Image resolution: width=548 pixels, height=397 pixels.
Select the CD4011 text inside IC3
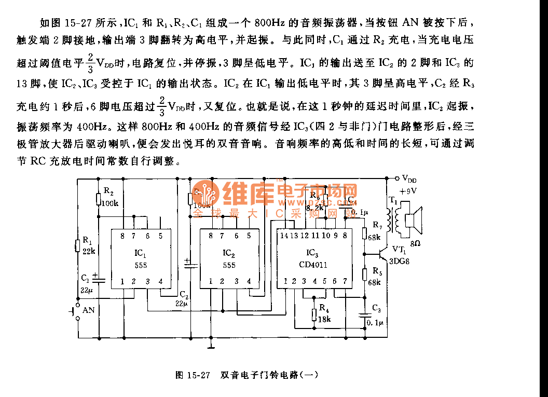[x=313, y=265]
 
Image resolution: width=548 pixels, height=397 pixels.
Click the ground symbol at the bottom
[x=210, y=344]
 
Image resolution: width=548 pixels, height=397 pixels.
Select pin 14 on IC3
[x=283, y=236]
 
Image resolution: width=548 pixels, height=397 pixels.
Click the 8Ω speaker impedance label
[x=416, y=242]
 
